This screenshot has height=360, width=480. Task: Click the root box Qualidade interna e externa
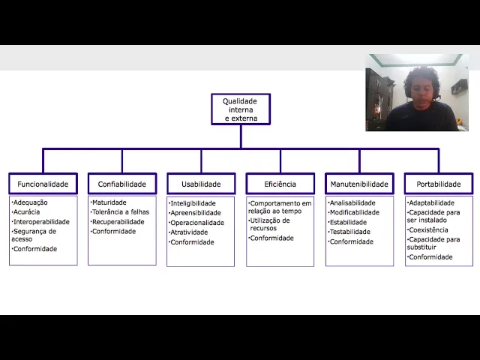pos(240,109)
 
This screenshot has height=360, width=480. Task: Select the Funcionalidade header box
pos(43,184)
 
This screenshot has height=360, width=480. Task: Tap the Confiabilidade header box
pos(121,184)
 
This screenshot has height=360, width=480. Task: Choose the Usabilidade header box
pos(201,184)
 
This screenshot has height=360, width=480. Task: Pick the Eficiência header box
pos(280,184)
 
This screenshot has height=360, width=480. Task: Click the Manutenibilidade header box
pos(359,184)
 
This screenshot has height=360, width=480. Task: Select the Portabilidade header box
pos(439,184)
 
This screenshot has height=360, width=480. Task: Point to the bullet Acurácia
pos(27,212)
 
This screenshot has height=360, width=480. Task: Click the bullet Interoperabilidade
pos(41,222)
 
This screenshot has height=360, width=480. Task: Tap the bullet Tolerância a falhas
pos(120,212)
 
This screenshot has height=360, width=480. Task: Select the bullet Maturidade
pos(109,202)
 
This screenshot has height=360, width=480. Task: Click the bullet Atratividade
pos(189,232)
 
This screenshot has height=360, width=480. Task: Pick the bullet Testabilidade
pos(349,232)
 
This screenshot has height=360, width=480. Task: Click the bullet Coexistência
pos(428,230)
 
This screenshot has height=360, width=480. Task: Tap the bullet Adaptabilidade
pos(431,202)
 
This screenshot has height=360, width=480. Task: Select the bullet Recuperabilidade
pos(118,222)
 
